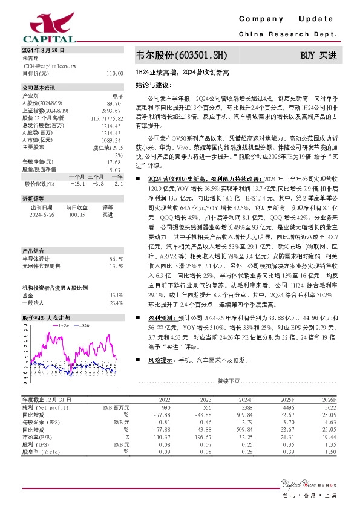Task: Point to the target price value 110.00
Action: tap(115, 73)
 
